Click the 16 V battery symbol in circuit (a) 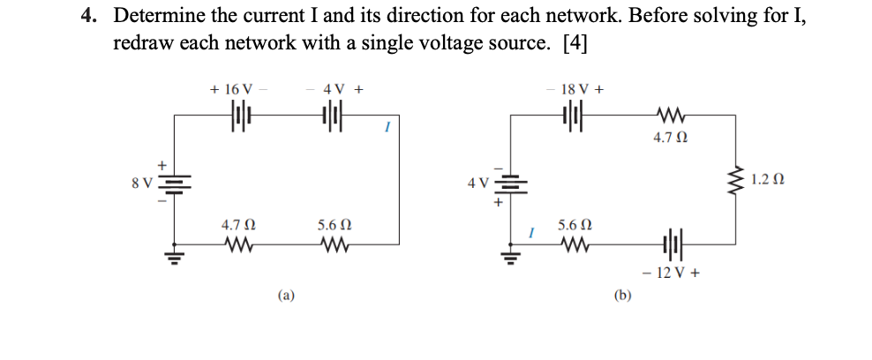tap(240, 116)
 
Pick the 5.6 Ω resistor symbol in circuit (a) tap(334, 244)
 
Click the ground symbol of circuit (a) tap(173, 258)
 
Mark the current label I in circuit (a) tap(385, 129)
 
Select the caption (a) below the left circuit tap(287, 297)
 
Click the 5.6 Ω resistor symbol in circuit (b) tap(575, 244)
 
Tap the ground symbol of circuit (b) tap(507, 258)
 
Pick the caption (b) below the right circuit tap(622, 297)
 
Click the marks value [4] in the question tap(575, 42)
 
